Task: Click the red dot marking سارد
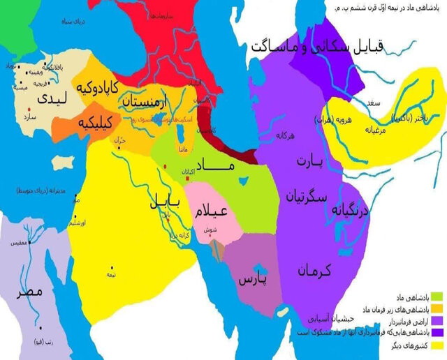(x=29, y=110)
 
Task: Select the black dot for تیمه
(x=111, y=267)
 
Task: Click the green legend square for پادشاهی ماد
(x=437, y=294)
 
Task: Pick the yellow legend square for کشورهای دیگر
(x=437, y=345)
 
